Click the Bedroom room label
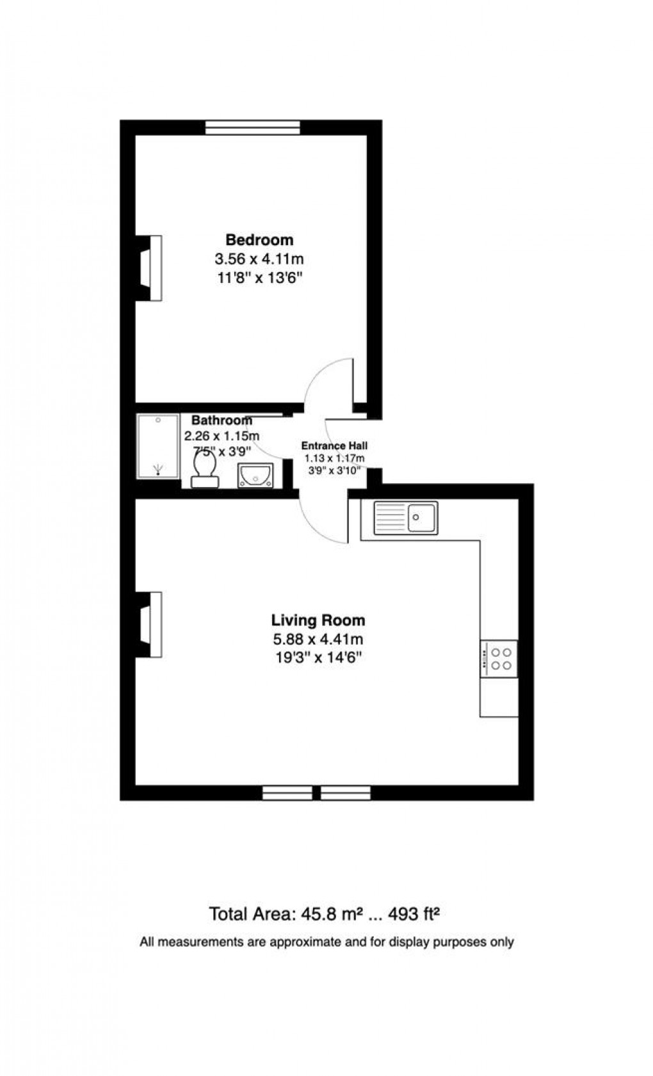click(x=259, y=240)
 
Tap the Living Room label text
click(x=318, y=620)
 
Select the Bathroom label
click(x=222, y=421)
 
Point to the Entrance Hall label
click(x=334, y=446)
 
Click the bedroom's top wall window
click(x=252, y=128)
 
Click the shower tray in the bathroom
click(x=157, y=446)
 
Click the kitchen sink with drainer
click(x=406, y=517)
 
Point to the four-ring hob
click(x=499, y=659)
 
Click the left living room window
click(x=287, y=793)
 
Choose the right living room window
click(x=346, y=793)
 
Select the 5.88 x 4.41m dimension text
click(x=318, y=639)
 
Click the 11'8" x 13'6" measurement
click(x=259, y=278)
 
